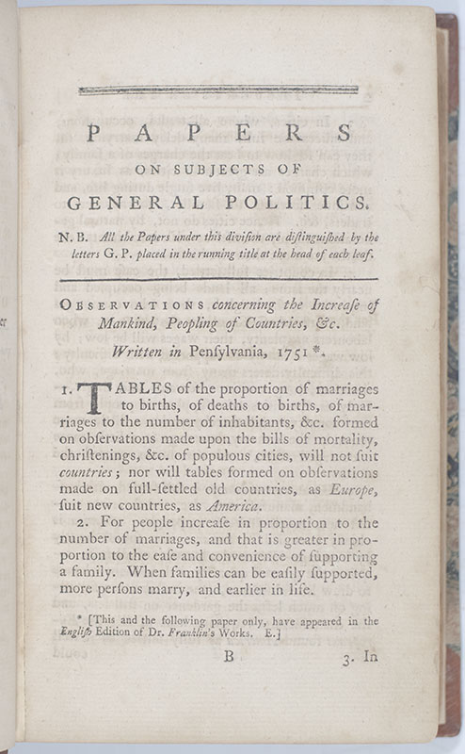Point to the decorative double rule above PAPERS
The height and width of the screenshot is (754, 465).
[x=218, y=90]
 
